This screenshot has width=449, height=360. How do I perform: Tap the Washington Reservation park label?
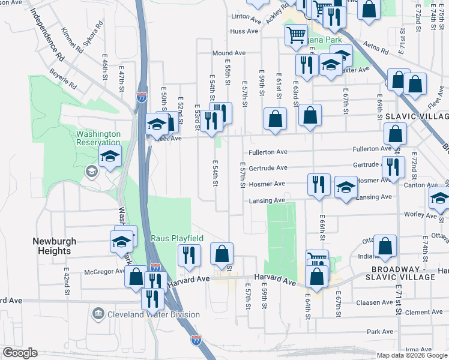[98, 139]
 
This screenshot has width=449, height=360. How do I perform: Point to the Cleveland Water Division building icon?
[97, 314]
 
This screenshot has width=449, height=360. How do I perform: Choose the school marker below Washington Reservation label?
[110, 158]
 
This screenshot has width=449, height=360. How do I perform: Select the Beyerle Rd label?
[64, 78]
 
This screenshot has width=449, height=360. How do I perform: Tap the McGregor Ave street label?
[104, 271]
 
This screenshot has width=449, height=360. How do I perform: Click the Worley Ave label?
[432, 214]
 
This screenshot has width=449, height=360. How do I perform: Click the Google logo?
[20, 353]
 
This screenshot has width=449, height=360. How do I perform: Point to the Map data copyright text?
[412, 355]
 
